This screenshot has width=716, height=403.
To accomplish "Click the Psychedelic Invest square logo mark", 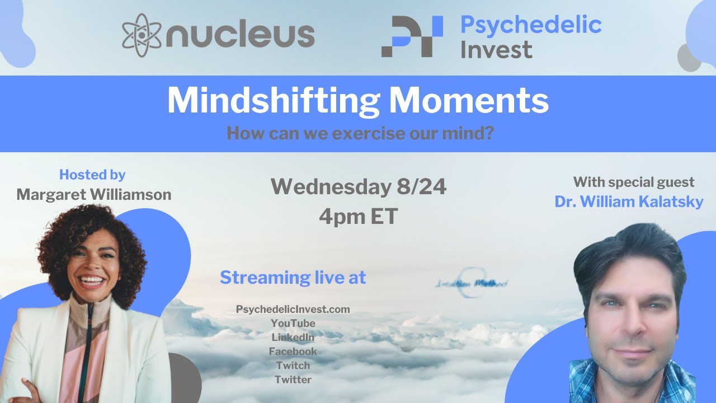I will point(412,36).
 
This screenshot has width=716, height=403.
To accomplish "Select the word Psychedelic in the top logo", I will point(530,25).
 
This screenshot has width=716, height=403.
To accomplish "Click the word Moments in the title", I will point(469,101).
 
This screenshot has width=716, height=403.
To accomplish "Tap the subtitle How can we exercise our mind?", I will point(360,134).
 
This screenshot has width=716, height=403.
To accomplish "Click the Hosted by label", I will point(92,175).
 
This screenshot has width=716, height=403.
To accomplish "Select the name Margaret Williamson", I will point(93,194).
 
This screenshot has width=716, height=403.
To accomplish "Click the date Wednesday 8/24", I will point(359,188).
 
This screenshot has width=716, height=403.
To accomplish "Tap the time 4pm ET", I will point(358,217).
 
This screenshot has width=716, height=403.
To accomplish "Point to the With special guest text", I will point(633,182).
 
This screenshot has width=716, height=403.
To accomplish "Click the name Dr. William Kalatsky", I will point(629,201).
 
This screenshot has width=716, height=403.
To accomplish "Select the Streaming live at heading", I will point(293,278).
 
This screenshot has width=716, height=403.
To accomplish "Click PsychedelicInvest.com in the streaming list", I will point(293,310).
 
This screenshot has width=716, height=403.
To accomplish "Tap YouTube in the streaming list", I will point(293,324).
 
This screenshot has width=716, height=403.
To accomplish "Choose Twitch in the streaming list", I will point(293,365).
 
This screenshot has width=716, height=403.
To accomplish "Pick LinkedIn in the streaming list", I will point(293,338).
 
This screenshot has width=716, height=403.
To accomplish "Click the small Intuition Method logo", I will point(471,283).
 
